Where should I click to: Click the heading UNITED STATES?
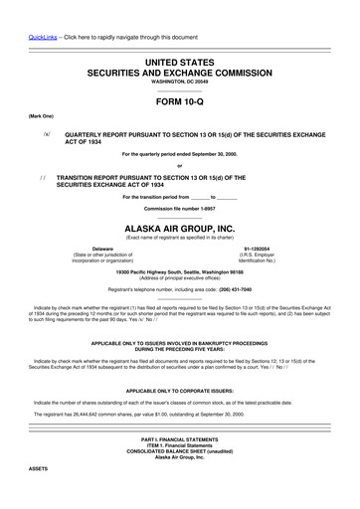coord(180,63)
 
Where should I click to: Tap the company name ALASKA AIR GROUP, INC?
coord(180,227)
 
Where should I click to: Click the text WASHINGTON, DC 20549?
coord(180,84)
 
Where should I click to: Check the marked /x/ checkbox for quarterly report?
coord(45,131)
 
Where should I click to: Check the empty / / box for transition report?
coord(45,175)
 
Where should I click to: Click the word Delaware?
coord(102,248)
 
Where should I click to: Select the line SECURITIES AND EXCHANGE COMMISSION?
coord(180,74)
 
